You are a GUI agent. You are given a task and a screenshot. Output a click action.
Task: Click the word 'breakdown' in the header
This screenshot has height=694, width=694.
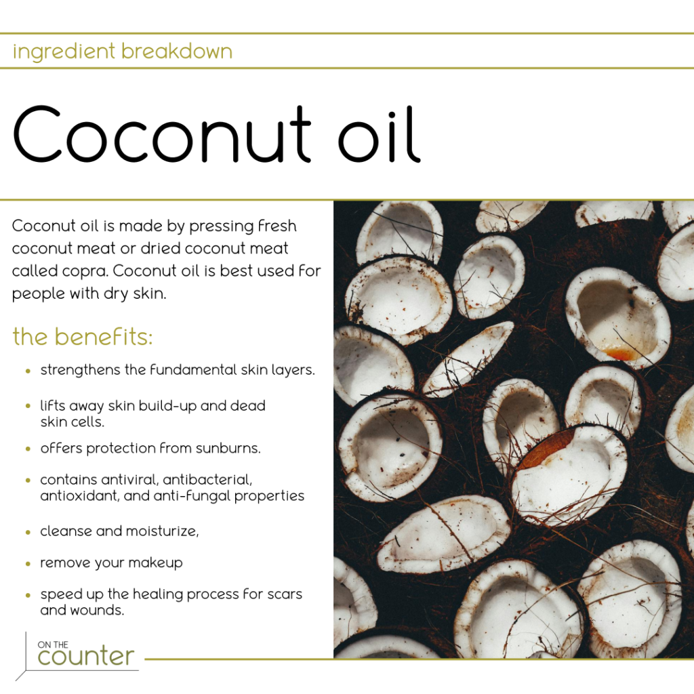point(177,52)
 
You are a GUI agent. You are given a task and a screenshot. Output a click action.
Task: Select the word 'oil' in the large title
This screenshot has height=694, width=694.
point(379,134)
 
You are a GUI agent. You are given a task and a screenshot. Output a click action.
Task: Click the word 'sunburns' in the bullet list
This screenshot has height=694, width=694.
point(228,449)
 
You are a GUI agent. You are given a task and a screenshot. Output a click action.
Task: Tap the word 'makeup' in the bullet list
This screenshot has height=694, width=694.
point(155,563)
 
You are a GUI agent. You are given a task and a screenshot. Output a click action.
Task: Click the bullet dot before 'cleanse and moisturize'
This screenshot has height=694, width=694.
point(28,532)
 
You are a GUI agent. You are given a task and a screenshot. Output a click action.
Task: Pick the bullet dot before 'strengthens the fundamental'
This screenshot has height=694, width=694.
point(28,371)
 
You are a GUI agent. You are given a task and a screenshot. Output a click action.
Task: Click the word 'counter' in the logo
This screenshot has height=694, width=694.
point(86,656)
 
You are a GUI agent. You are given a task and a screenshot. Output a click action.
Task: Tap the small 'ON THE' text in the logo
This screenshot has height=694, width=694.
point(53,645)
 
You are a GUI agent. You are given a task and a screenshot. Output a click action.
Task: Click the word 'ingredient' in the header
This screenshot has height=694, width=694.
point(64,52)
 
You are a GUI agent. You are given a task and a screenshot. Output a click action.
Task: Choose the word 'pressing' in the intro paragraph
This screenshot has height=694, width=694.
point(221,226)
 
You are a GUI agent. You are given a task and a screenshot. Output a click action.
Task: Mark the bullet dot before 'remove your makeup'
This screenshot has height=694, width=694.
point(28,564)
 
